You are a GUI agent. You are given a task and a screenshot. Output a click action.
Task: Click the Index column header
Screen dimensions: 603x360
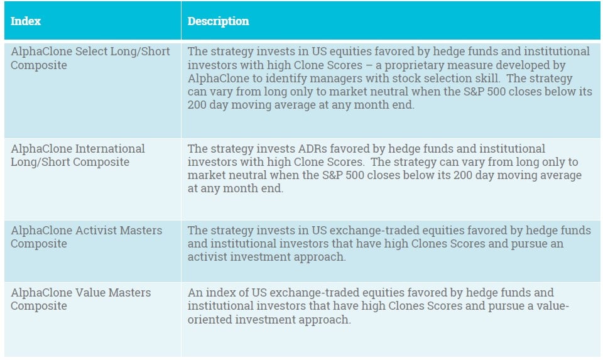click(25, 21)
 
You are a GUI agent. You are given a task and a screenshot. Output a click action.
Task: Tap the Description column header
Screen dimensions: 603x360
click(218, 21)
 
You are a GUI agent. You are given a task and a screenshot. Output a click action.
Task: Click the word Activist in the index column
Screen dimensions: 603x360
click(96, 230)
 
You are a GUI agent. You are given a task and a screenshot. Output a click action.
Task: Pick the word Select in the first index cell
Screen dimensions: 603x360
click(91, 51)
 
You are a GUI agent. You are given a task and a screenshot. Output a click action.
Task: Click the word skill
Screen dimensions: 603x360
click(488, 78)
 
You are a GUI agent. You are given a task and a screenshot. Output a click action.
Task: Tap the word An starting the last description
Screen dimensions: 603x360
click(195, 292)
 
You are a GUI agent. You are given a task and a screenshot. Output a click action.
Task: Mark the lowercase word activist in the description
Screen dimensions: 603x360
click(207, 256)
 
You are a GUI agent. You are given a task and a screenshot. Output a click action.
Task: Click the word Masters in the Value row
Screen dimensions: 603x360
click(129, 292)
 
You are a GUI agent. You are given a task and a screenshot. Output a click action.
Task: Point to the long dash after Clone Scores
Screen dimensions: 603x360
click(369, 65)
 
